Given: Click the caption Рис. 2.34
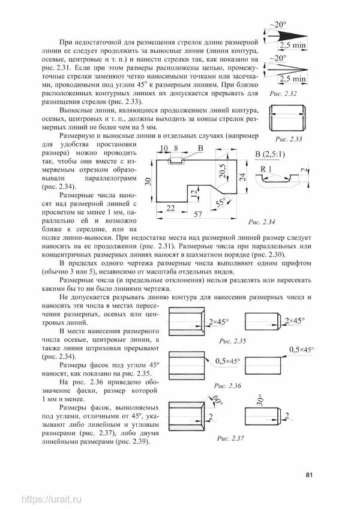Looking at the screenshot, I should pyautogui.click(x=262, y=223).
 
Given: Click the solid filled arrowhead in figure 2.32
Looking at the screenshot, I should pyautogui.click(x=278, y=38).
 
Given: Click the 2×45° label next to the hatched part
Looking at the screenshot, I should pyautogui.click(x=220, y=322).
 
